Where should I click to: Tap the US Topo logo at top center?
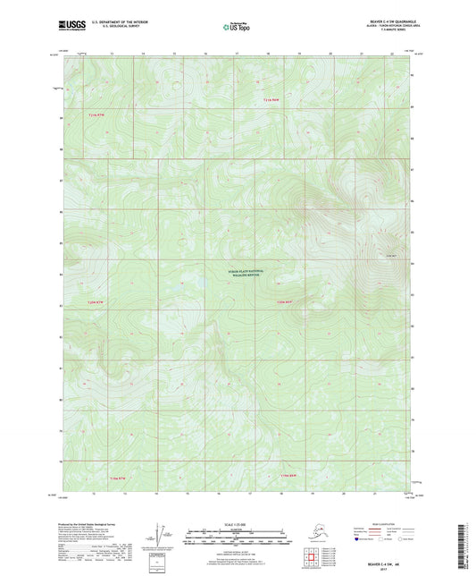238,28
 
